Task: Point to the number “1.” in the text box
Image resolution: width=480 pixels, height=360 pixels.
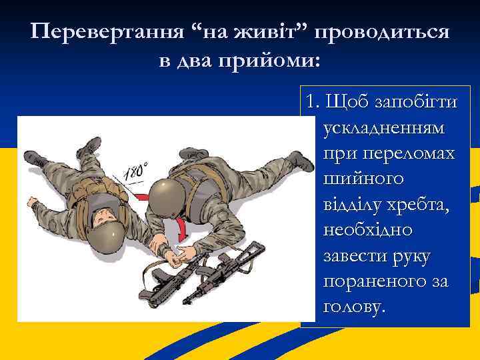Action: [311, 103]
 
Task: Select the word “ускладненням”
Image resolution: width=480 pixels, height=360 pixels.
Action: [385, 129]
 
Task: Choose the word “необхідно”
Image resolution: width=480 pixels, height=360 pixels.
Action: [367, 230]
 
